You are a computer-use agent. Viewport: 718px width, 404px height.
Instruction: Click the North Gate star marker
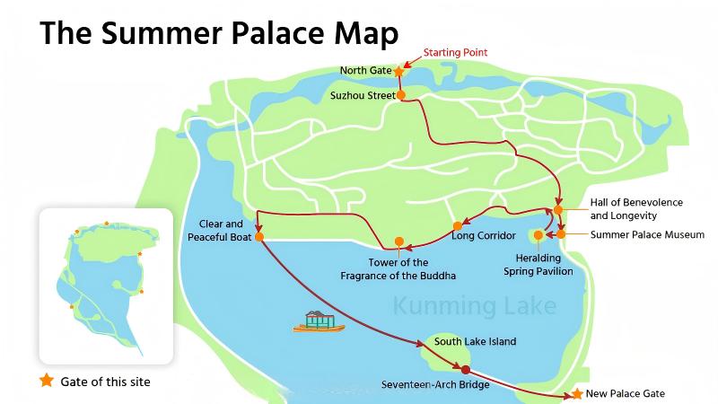coord(398,70)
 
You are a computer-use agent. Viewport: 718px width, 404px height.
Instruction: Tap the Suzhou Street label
coord(363,94)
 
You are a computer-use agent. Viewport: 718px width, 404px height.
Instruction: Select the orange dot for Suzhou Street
coord(400,94)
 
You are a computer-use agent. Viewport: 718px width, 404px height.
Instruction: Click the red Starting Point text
coord(455,52)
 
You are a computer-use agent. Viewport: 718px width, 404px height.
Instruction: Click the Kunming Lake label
coord(475,306)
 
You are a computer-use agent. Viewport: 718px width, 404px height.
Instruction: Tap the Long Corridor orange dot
coord(457,225)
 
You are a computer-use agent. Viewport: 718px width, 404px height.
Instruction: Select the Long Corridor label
coord(484,236)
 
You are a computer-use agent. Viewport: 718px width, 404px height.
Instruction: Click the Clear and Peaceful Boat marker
coord(258,238)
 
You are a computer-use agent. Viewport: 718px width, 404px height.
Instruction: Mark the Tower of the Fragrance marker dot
coord(399,241)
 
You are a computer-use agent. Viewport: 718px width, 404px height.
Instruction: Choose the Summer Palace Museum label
coord(647,235)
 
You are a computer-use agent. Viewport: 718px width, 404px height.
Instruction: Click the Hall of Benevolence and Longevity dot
coord(558,209)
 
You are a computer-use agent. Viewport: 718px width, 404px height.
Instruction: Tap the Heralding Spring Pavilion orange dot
coord(538,235)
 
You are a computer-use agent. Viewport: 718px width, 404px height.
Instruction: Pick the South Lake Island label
coord(475,342)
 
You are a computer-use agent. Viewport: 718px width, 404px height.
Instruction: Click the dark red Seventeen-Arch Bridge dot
coord(465,369)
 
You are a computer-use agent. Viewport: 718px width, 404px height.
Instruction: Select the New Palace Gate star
coord(577,394)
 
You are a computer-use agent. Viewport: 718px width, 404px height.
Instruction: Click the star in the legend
coord(47,381)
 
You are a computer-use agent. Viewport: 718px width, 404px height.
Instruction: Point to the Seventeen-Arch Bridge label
coord(434,385)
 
